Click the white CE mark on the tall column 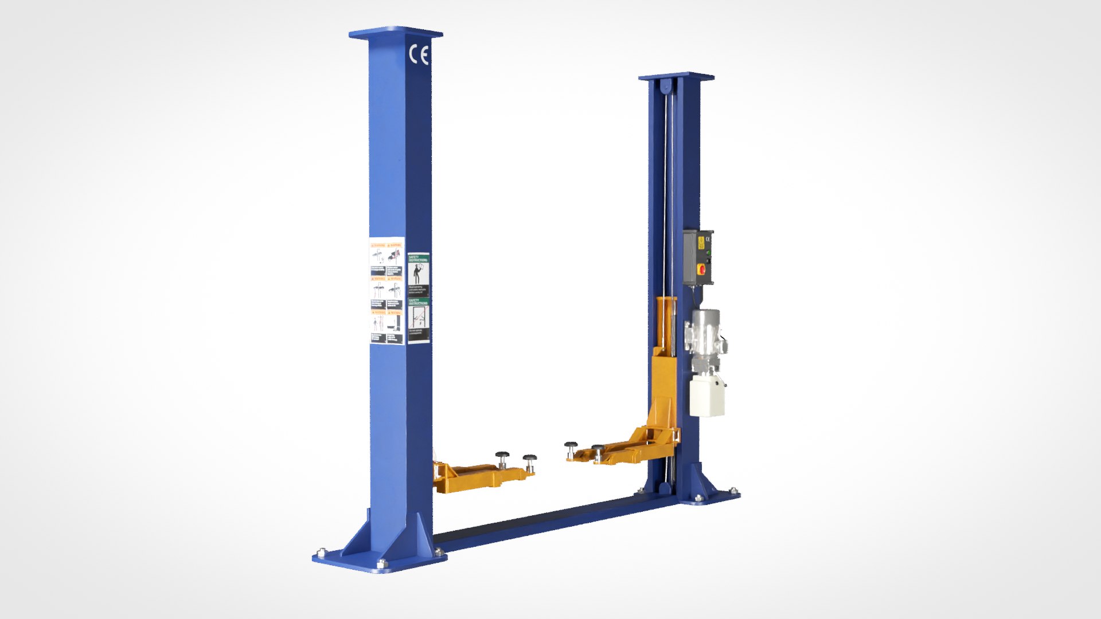click(419, 55)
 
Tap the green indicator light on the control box click(709, 252)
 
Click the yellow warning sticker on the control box click(701, 243)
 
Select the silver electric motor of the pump click(706, 338)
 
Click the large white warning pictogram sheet click(386, 291)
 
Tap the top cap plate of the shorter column click(677, 76)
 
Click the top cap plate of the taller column click(396, 33)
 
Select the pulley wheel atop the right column click(665, 87)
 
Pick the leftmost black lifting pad click(503, 457)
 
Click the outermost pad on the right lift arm click(571, 446)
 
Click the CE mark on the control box click(708, 239)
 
